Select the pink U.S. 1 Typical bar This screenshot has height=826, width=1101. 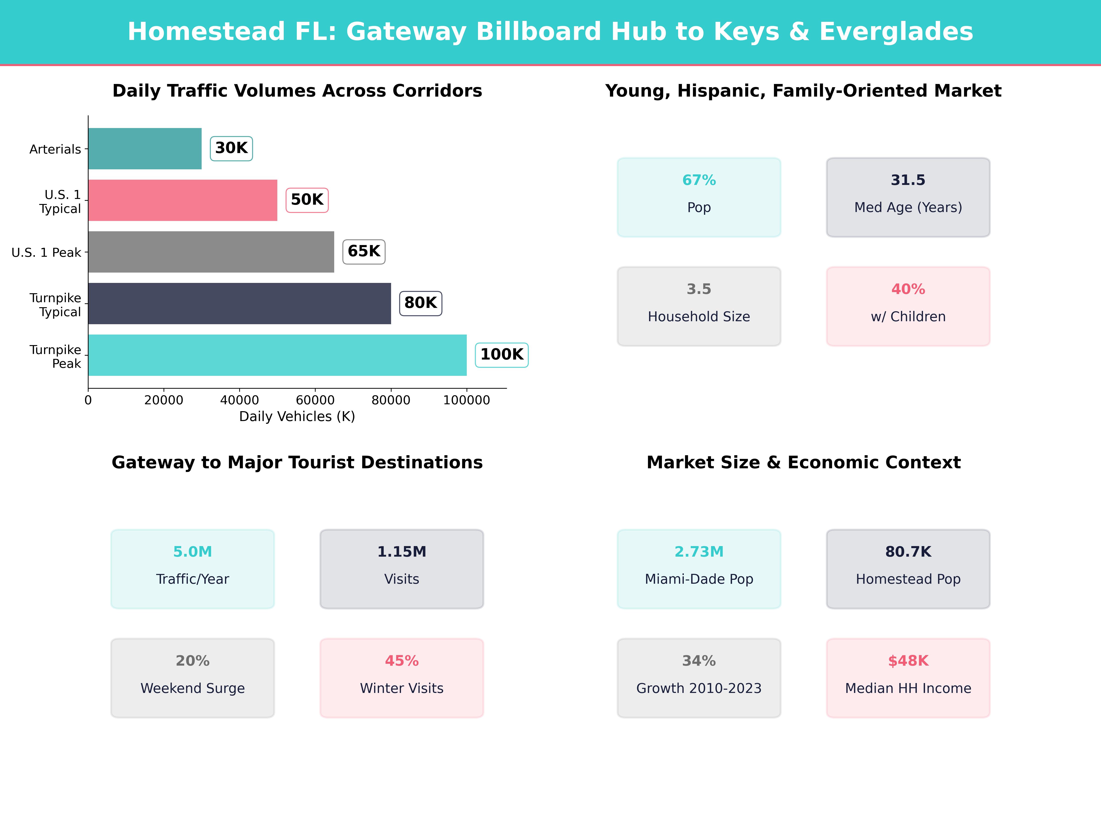[x=183, y=200]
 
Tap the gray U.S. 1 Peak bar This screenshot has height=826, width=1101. [x=211, y=252]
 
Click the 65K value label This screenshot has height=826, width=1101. [x=364, y=251]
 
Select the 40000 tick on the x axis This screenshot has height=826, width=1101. [x=239, y=400]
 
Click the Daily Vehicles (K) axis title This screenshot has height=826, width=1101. [x=297, y=417]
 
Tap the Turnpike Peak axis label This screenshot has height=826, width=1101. [x=55, y=357]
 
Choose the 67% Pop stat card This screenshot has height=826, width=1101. [x=699, y=197]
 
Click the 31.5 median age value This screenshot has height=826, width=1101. [x=908, y=180]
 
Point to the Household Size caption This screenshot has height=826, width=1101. [x=699, y=317]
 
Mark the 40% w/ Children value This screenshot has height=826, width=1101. [x=908, y=289]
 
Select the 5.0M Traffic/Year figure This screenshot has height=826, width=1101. [x=193, y=552]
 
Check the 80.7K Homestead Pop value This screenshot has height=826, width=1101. [x=908, y=552]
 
